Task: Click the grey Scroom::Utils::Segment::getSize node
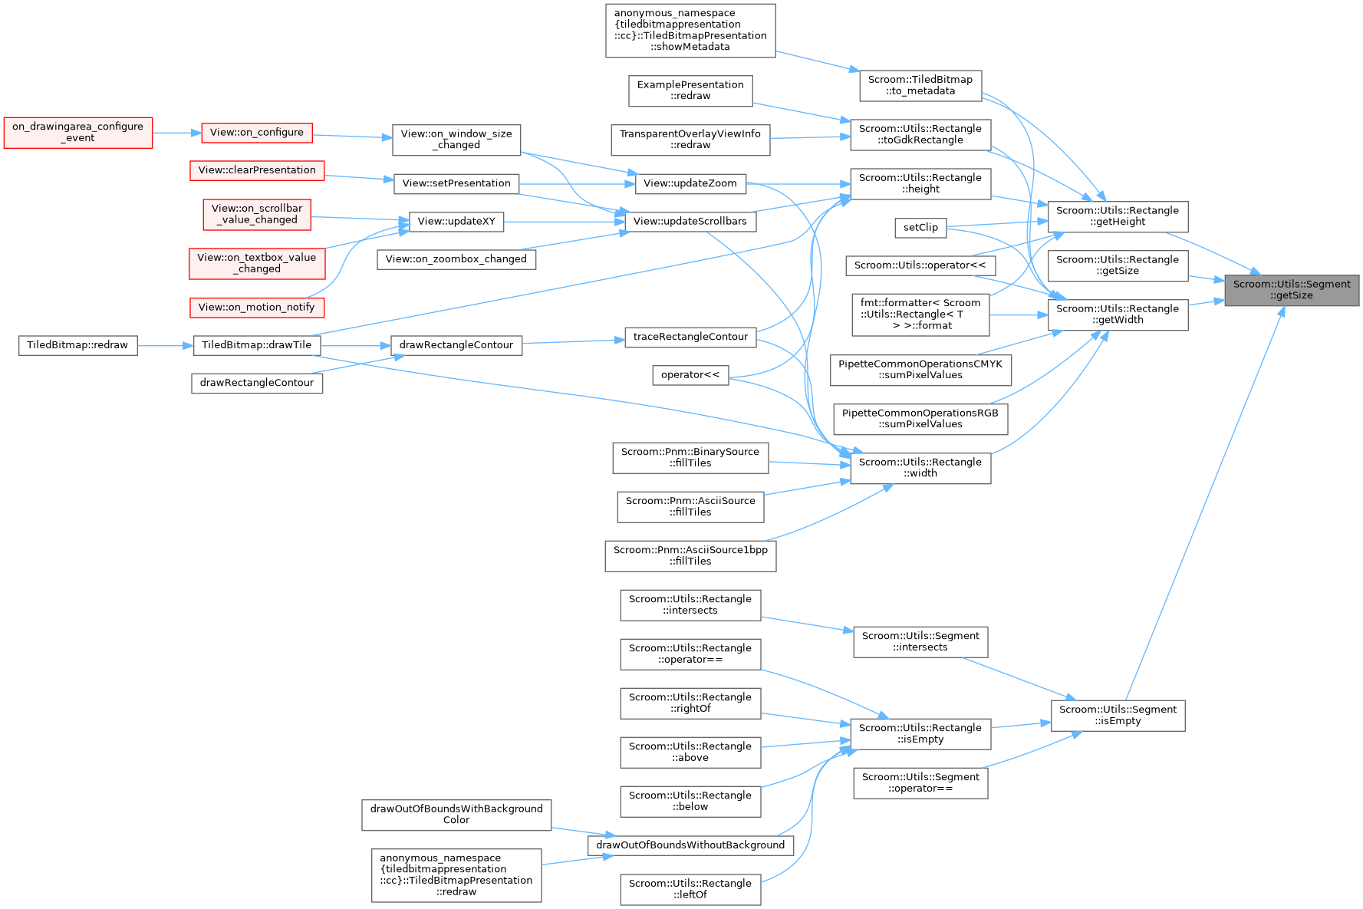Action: click(1292, 290)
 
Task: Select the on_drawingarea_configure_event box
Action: click(77, 132)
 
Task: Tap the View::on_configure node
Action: click(256, 132)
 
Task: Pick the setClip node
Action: click(920, 227)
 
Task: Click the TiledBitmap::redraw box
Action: click(77, 345)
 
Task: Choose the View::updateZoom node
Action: click(690, 183)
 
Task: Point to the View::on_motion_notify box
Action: click(256, 308)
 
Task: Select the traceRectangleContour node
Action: click(690, 337)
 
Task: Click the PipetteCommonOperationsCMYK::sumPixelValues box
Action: click(920, 369)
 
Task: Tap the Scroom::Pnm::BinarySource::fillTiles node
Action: click(690, 457)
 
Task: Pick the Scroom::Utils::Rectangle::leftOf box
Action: click(690, 889)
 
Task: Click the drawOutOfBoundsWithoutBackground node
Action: click(690, 845)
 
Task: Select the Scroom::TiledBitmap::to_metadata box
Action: click(920, 85)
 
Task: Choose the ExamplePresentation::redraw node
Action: click(690, 91)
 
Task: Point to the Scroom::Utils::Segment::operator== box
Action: click(920, 782)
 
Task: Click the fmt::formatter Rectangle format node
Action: click(920, 314)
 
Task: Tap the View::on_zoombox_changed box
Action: click(456, 259)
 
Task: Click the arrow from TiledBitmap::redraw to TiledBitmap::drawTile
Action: click(165, 345)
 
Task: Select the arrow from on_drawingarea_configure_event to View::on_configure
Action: click(176, 132)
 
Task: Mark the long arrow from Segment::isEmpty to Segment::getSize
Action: click(1204, 499)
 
